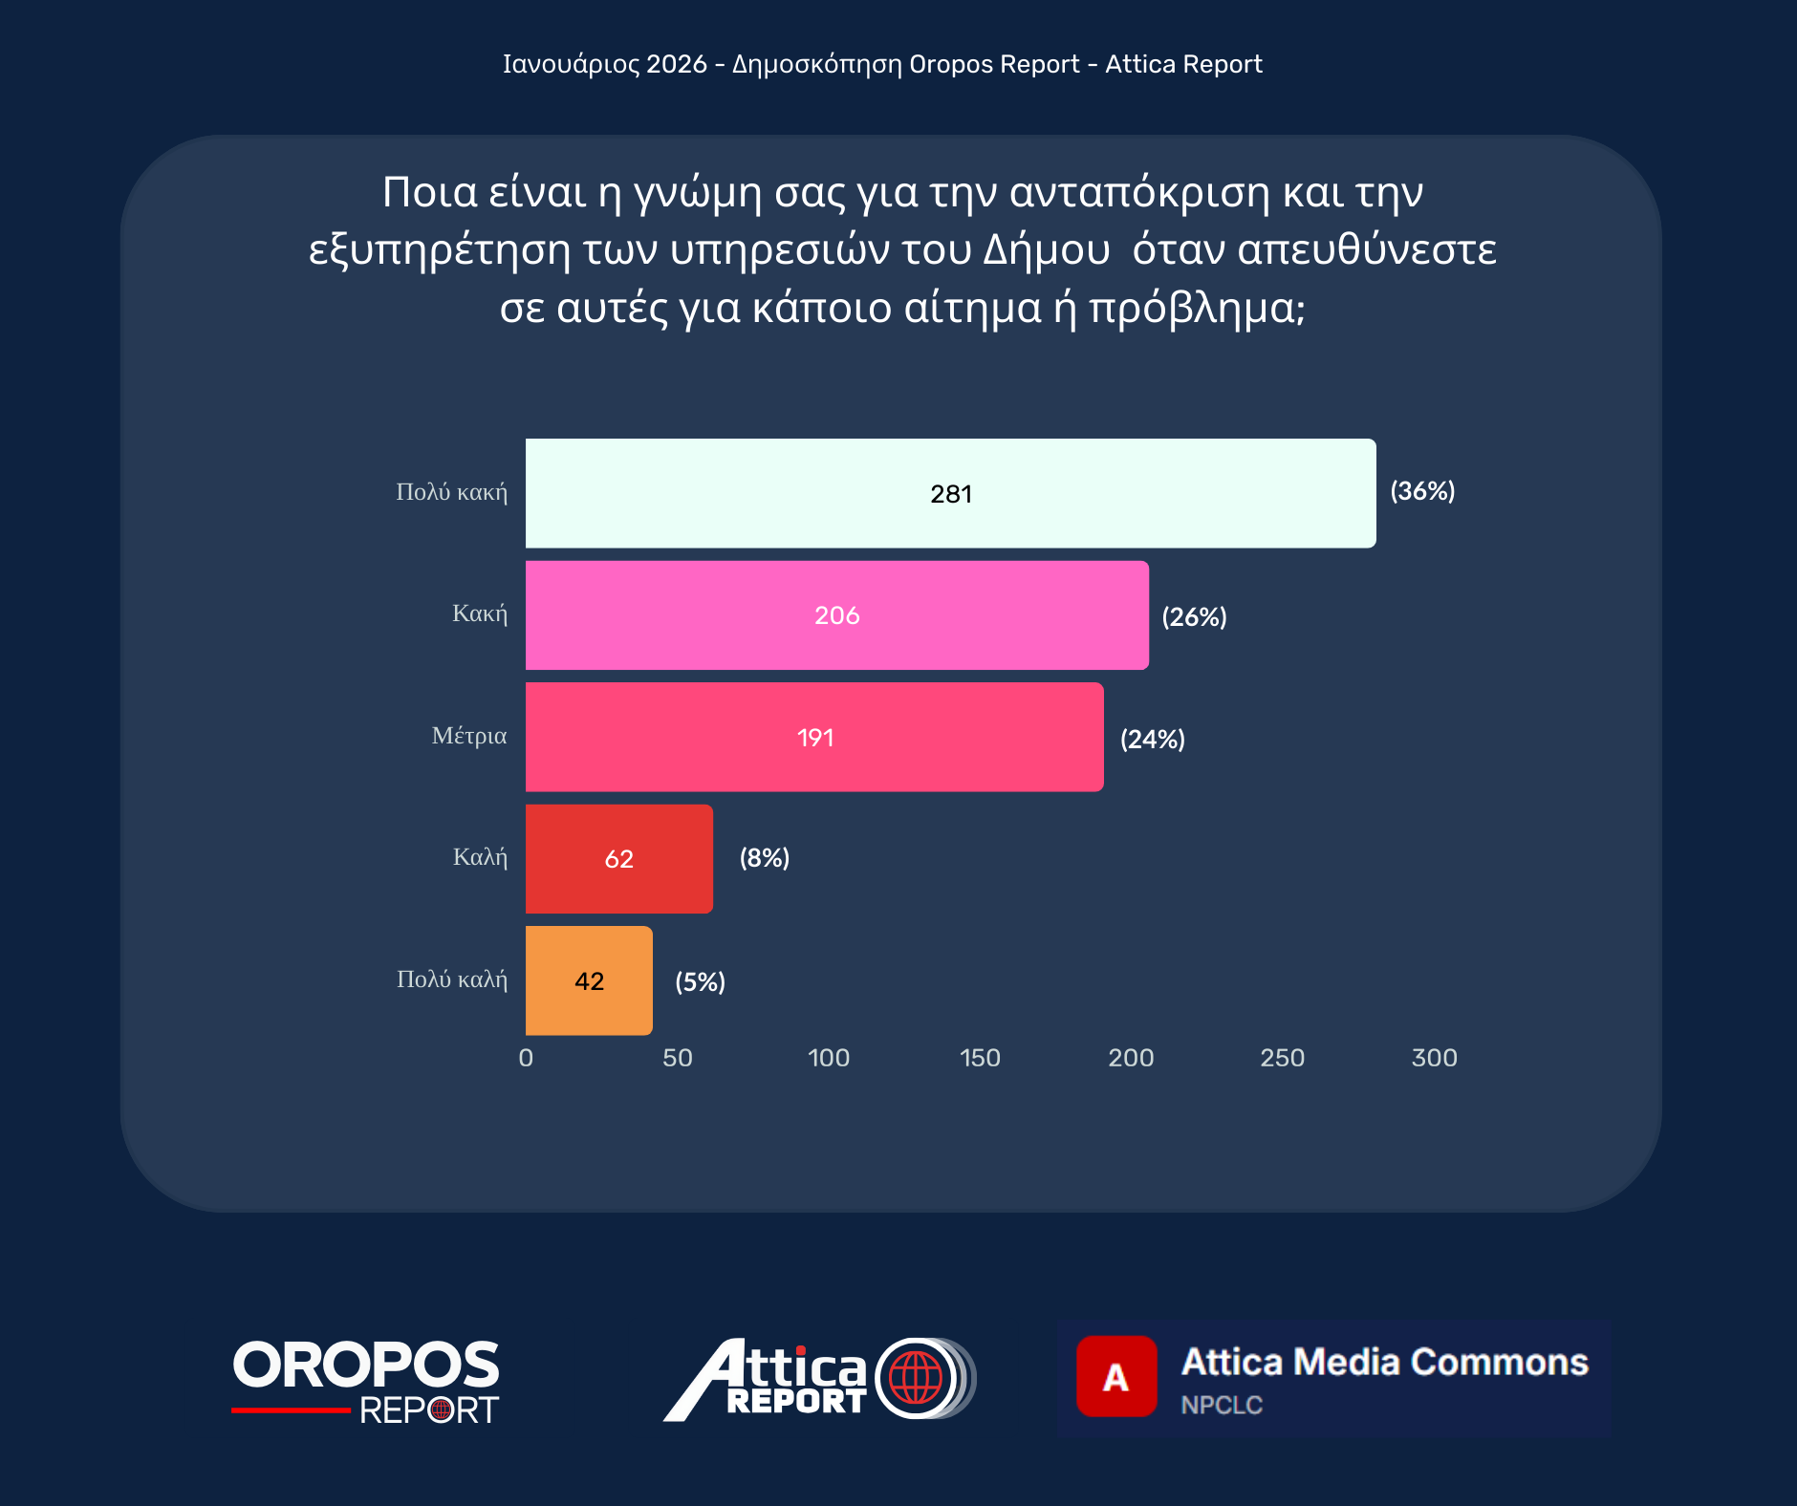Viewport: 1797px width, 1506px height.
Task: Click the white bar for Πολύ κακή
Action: [x=950, y=493]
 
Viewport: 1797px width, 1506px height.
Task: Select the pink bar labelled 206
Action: [x=836, y=615]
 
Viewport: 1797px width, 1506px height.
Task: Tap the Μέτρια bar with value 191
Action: [x=814, y=737]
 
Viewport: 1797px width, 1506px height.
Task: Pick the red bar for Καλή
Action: [x=618, y=858]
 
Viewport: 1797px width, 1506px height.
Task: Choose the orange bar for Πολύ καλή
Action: [x=589, y=980]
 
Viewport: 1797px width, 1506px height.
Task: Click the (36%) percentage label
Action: [x=1422, y=491]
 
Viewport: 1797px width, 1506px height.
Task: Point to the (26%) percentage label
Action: [x=1194, y=617]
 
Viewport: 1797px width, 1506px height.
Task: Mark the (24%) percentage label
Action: [x=1152, y=739]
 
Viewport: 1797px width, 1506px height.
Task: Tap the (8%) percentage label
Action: [x=764, y=858]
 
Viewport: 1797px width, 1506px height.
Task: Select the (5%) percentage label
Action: [x=700, y=981]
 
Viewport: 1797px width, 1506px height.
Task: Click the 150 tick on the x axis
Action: [x=980, y=1058]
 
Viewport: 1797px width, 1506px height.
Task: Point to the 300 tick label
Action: [x=1434, y=1058]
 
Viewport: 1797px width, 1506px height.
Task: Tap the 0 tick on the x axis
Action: [x=526, y=1058]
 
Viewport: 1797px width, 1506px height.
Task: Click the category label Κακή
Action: [x=479, y=613]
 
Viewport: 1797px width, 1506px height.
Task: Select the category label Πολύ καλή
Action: [x=451, y=979]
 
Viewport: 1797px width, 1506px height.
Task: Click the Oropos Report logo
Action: [x=366, y=1380]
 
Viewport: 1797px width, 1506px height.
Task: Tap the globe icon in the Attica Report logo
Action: [x=915, y=1378]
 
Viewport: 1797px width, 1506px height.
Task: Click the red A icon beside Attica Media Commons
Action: [x=1115, y=1376]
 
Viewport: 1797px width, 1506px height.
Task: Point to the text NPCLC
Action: [x=1221, y=1405]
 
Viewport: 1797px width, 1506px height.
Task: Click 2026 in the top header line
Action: [x=676, y=64]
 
